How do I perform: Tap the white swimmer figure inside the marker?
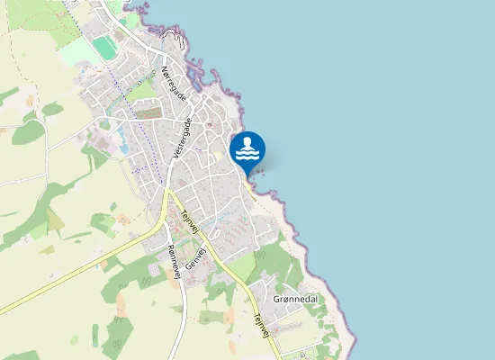(247, 144)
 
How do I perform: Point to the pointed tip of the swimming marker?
(247, 175)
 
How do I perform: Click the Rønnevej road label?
(174, 263)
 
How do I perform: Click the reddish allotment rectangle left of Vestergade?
(150, 114)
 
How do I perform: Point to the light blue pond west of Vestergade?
(121, 140)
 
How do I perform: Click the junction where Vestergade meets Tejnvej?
(167, 191)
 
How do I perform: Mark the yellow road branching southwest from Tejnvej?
(90, 266)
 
